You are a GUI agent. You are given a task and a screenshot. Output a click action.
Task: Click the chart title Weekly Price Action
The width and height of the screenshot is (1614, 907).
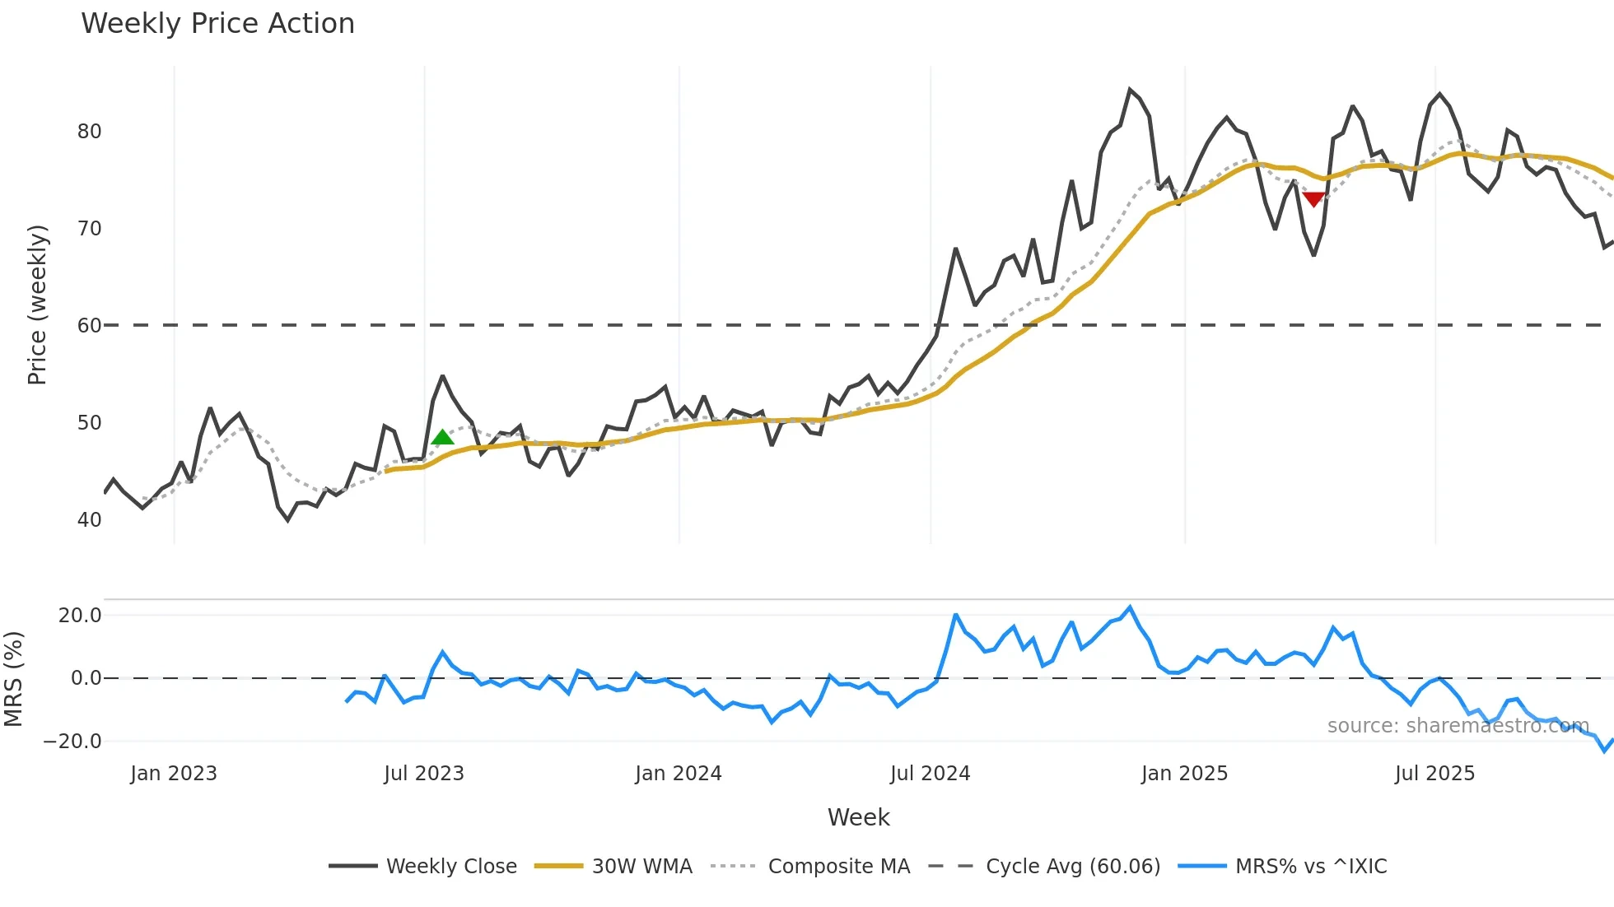tap(217, 24)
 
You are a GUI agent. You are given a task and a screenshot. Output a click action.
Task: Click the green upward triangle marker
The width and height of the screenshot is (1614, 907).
tap(442, 437)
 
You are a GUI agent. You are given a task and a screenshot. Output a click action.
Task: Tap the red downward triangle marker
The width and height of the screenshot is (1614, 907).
tap(1313, 199)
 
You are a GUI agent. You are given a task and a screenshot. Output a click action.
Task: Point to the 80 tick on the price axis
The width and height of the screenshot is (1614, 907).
tap(89, 132)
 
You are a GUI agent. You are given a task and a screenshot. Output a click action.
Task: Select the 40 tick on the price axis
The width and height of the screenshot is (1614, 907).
tap(89, 520)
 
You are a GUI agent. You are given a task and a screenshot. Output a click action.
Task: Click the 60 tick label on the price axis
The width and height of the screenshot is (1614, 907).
tap(89, 326)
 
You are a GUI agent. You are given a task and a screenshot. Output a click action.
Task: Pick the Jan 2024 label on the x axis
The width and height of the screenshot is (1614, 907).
tap(678, 774)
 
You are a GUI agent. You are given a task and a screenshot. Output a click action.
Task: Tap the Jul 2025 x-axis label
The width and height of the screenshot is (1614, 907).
tap(1434, 774)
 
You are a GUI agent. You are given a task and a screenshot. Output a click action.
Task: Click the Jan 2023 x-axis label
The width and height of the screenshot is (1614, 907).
tap(174, 774)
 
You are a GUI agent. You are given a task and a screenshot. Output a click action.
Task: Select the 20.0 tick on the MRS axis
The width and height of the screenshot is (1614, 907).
tap(80, 616)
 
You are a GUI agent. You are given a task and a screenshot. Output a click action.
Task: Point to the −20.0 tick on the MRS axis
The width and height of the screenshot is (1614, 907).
tap(72, 742)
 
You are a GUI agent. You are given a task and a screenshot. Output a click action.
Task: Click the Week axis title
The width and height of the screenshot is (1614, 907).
tap(858, 817)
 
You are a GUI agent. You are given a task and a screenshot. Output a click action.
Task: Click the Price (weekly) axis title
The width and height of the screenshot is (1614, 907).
tap(37, 305)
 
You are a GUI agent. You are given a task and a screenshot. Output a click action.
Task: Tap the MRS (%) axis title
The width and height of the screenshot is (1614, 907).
tap(13, 679)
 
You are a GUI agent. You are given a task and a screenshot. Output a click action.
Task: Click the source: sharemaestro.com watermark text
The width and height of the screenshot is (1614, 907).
tap(1458, 726)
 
